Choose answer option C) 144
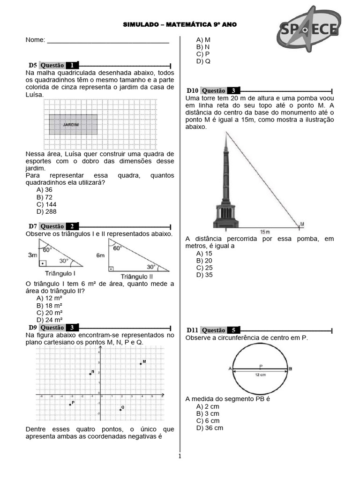tap(44, 204)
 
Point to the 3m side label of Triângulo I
tap(32, 255)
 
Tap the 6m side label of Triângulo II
tap(100, 255)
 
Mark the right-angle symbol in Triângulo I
tap(43, 263)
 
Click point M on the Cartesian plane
tap(141, 364)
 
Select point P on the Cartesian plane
tap(70, 405)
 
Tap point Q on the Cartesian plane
tap(120, 410)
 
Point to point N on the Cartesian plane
tap(90, 374)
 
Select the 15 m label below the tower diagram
tap(265, 232)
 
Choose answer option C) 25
tap(204, 268)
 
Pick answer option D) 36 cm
tap(210, 428)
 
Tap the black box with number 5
tap(233, 330)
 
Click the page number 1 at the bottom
tap(179, 456)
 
